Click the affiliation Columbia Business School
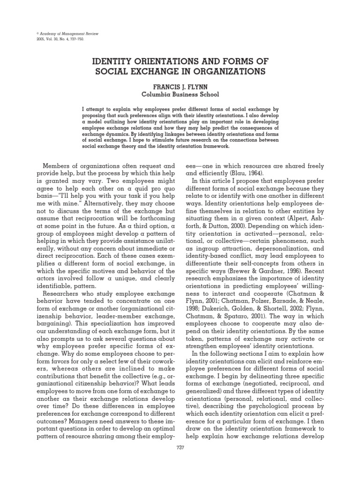pos(180,95)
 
